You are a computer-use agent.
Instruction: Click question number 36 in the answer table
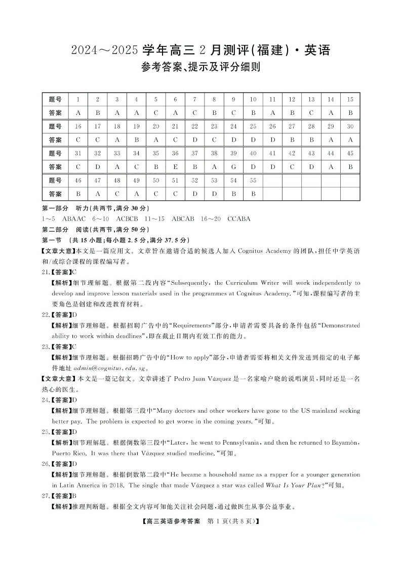[x=175, y=153]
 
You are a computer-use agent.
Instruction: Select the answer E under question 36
[x=175, y=166]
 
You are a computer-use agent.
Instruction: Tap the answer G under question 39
[x=233, y=166]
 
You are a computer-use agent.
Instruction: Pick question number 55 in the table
[x=253, y=180]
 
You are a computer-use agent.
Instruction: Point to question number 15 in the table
[x=350, y=100]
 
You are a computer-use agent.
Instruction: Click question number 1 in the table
[x=78, y=100]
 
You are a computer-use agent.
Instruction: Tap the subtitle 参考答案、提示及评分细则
[x=200, y=67]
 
